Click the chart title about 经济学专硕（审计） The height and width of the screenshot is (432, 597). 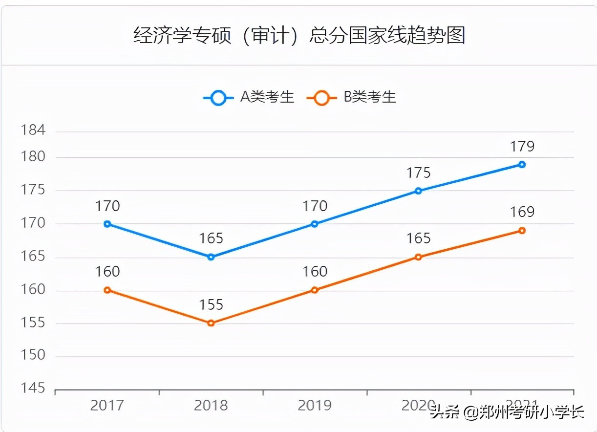coord(299,36)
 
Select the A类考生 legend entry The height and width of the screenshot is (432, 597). coord(249,97)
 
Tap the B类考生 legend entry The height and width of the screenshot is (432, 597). coord(352,97)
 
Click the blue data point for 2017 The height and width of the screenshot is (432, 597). coord(107,224)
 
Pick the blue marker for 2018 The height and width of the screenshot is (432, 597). coord(211,257)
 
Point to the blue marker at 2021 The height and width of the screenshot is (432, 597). coord(522,165)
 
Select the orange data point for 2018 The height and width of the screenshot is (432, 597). coord(211,323)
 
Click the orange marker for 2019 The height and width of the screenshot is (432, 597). coord(315,290)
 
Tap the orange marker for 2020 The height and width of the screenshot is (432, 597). coord(418,257)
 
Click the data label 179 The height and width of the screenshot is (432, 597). coord(522,146)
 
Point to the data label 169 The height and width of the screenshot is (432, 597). coord(522,212)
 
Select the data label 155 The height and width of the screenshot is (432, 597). coord(211,305)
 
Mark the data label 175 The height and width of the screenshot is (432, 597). coord(419,173)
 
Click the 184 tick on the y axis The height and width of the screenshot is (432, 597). coord(33,130)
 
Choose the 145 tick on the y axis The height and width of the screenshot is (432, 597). coord(33,389)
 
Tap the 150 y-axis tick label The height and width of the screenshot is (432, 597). coord(33,355)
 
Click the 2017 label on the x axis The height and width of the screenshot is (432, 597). coord(107,406)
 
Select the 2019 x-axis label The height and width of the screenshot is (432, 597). coord(315,406)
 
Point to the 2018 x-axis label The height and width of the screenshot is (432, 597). coord(211,406)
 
